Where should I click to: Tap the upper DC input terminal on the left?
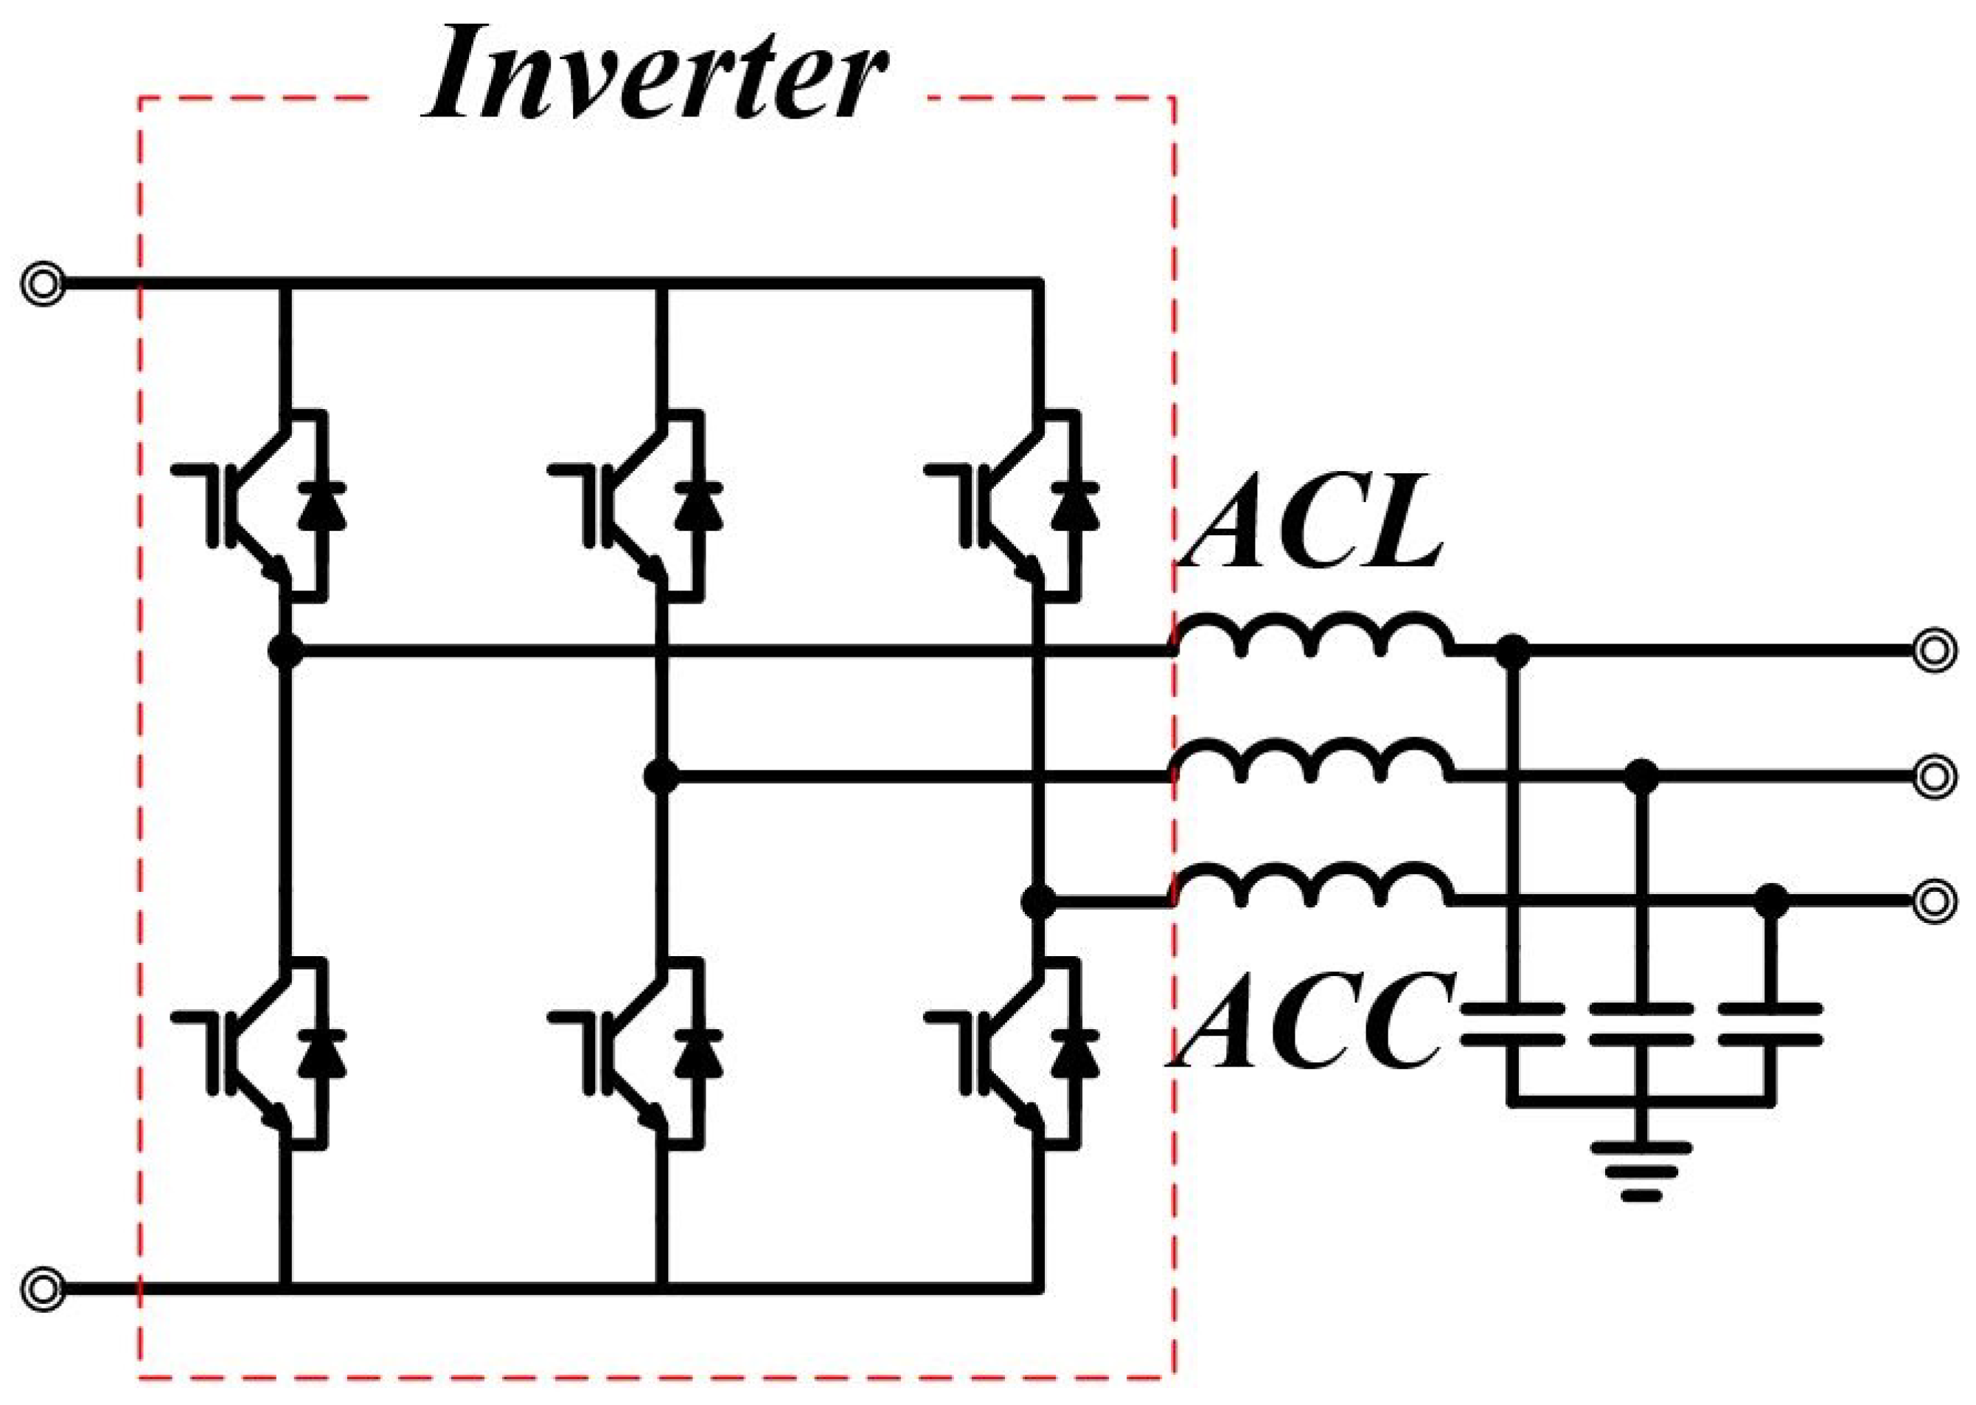tap(42, 283)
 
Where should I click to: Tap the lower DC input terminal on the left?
tap(42, 1290)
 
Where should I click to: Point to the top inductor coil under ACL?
tap(1313, 636)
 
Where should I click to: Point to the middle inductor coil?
tap(1313, 761)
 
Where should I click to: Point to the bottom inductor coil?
tap(1313, 886)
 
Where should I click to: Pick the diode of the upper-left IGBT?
tap(321, 507)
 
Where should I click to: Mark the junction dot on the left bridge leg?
tap(286, 651)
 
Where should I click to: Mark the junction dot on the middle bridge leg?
tap(662, 777)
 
